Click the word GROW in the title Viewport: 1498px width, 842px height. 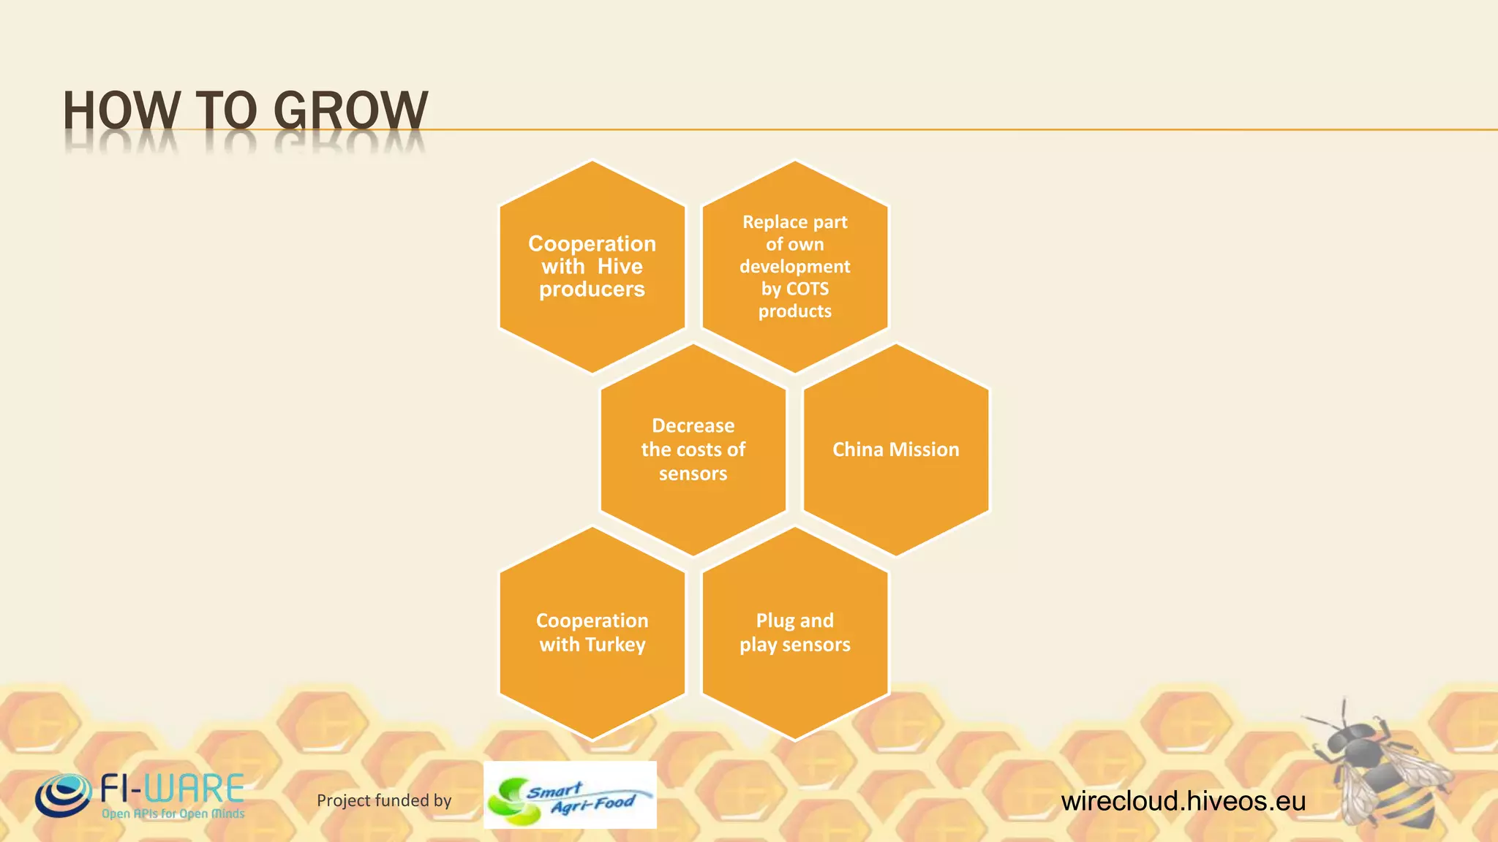[x=350, y=111]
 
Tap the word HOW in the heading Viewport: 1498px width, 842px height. [x=121, y=111]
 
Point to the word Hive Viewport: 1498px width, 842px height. [x=620, y=267]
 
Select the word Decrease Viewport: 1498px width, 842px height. [x=693, y=425]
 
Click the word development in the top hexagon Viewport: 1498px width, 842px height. [x=794, y=266]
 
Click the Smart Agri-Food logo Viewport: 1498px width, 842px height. [x=570, y=795]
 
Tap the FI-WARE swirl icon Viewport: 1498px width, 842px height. [x=63, y=795]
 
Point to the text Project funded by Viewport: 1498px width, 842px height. [x=384, y=800]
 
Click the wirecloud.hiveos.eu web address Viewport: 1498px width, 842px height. [x=1183, y=801]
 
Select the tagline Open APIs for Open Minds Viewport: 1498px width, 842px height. [x=173, y=813]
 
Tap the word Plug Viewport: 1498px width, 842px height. [x=775, y=621]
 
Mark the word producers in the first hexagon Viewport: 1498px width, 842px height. [x=592, y=289]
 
